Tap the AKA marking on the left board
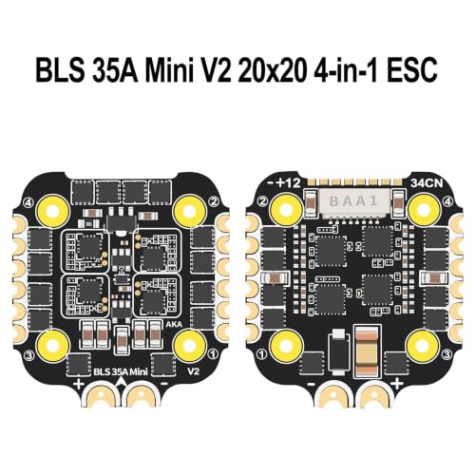[174, 324]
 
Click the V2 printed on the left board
[194, 370]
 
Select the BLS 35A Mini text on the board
[121, 371]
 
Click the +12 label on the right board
[288, 182]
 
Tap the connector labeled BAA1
[353, 201]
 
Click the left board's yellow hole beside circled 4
[53, 210]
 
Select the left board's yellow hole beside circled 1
[190, 345]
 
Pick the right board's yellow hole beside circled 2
[286, 209]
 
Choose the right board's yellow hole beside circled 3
[423, 345]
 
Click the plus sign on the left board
[79, 385]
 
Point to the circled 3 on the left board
[29, 356]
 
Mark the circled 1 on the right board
[262, 354]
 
